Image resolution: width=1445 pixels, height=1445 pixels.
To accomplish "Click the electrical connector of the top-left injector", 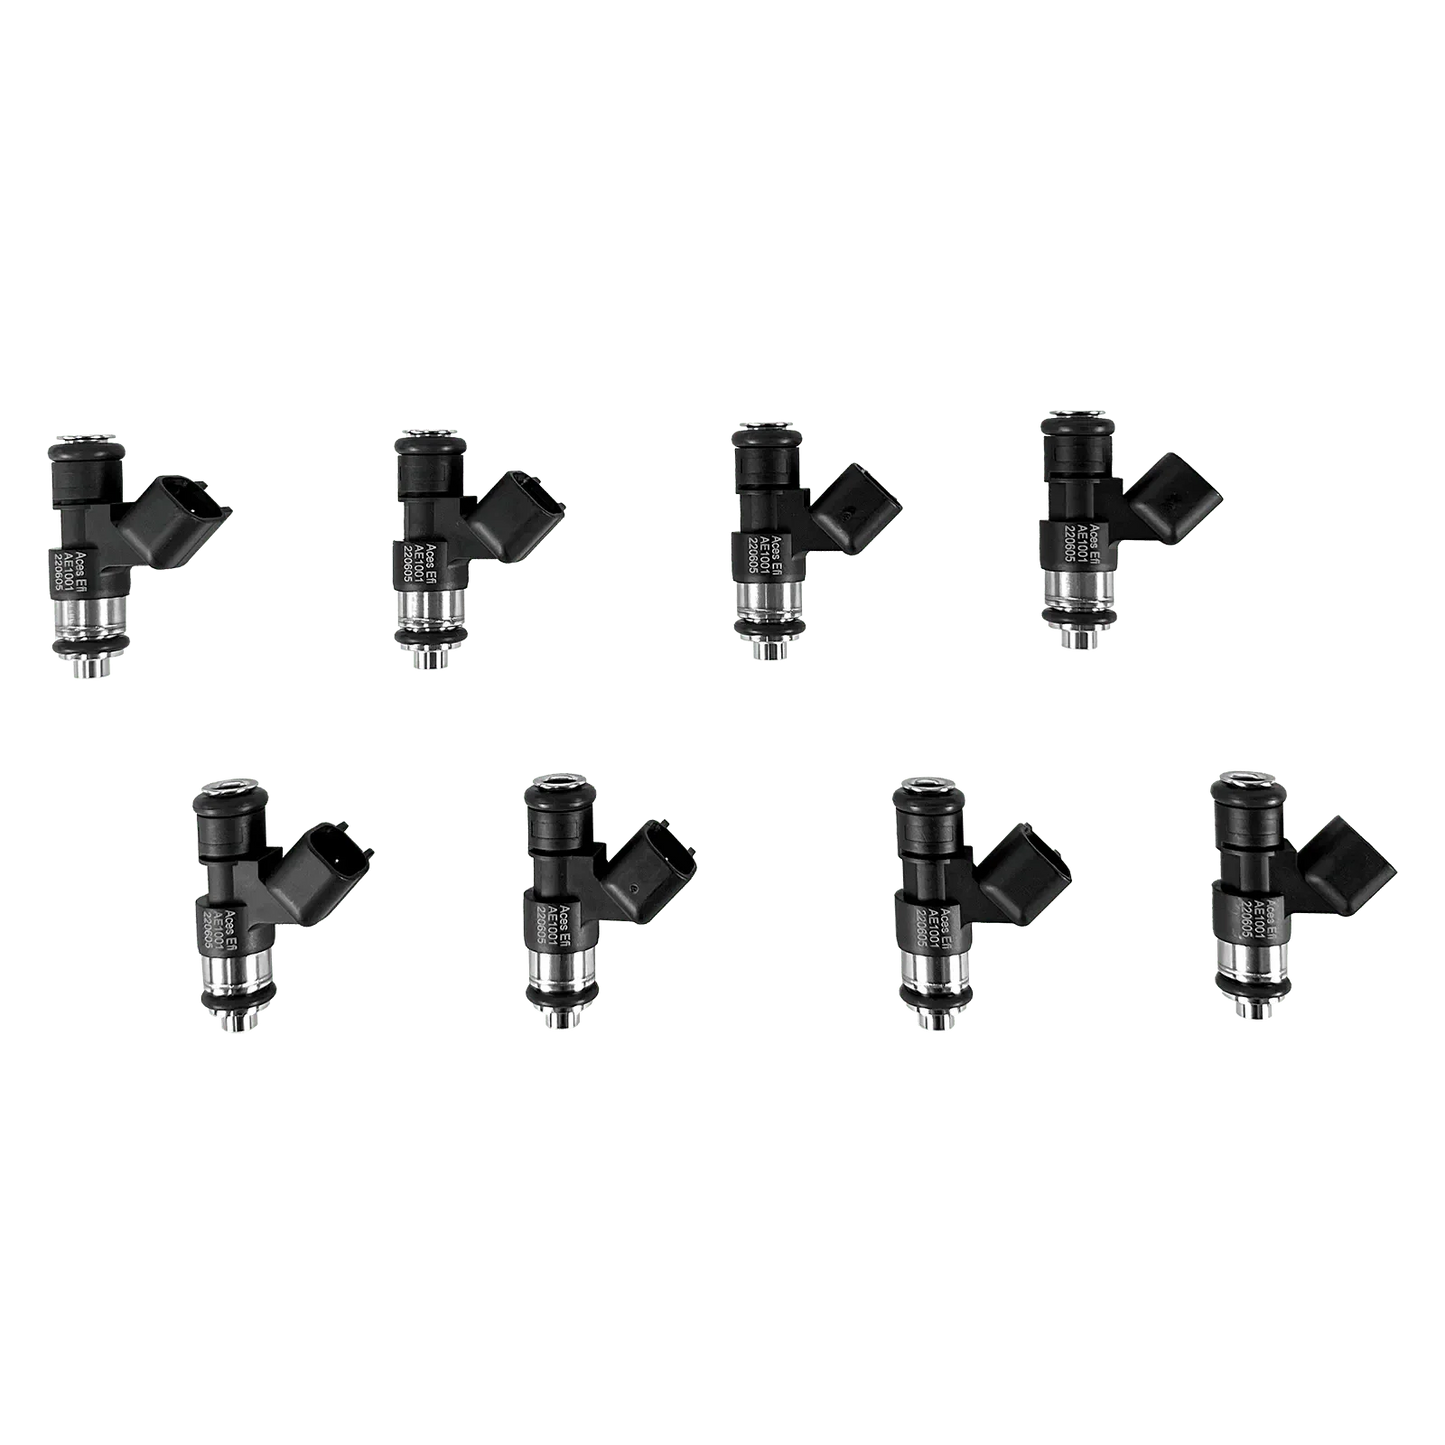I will (195, 512).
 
